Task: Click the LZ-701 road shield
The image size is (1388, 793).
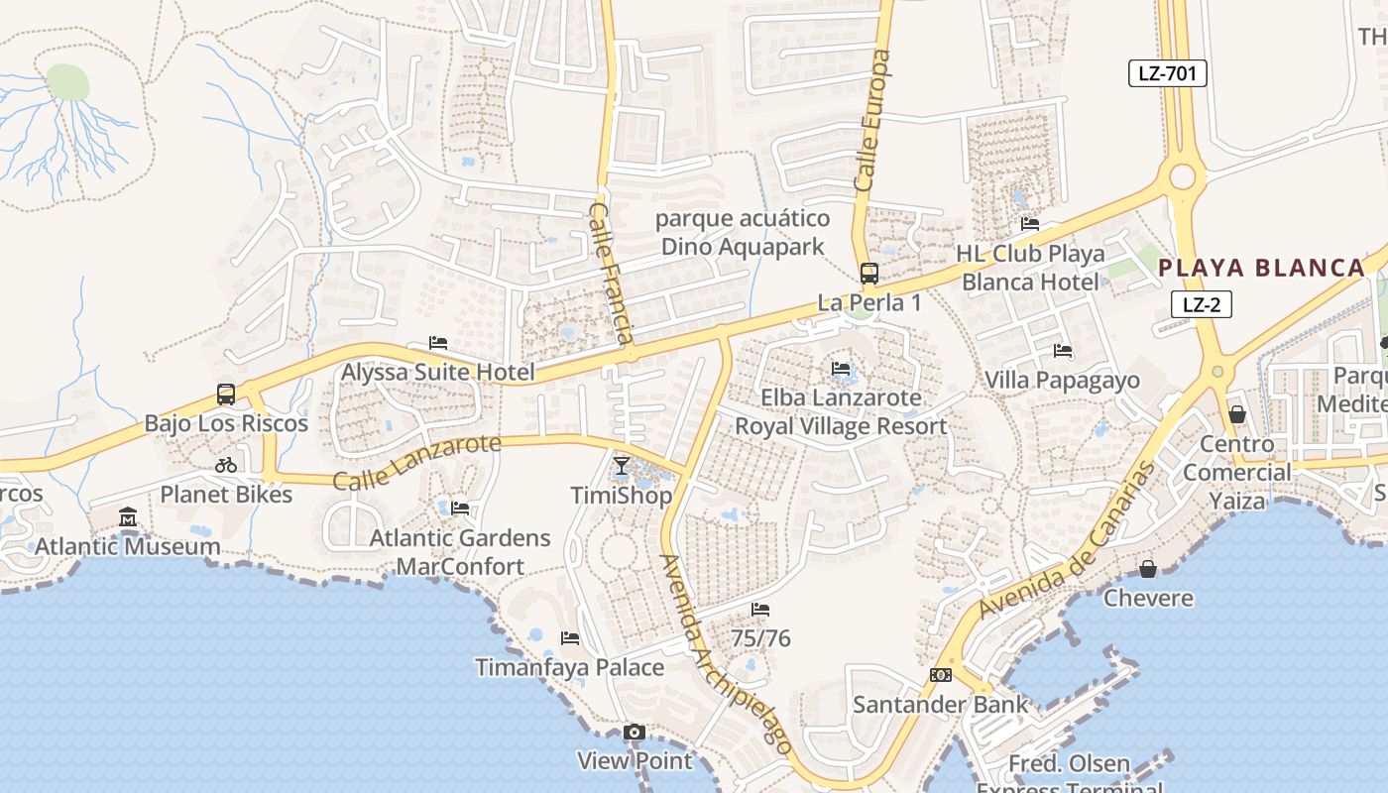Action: (x=1167, y=72)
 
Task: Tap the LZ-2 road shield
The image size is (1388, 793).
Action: (x=1201, y=304)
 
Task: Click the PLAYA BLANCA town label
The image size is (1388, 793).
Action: (x=1262, y=268)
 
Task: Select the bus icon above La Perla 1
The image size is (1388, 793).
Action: (x=869, y=274)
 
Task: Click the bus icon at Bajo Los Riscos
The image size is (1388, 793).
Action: (x=226, y=395)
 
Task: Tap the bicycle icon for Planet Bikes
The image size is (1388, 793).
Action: (x=226, y=465)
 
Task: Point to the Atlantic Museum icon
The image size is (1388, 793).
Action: (x=128, y=517)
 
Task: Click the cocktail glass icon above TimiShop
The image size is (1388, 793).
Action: (x=622, y=466)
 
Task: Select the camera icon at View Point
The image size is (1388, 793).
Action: (x=635, y=733)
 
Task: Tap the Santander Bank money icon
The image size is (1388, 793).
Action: (x=941, y=675)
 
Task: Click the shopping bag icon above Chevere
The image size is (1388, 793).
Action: (x=1148, y=569)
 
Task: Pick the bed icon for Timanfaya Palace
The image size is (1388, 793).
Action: (x=570, y=638)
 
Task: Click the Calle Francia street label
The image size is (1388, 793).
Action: (x=612, y=274)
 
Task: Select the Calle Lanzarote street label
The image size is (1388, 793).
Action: (x=416, y=462)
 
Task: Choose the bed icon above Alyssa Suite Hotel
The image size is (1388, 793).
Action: (x=438, y=343)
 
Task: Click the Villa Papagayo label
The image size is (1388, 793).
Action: (x=1062, y=380)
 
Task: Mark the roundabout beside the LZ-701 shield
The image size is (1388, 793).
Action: (x=1182, y=176)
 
